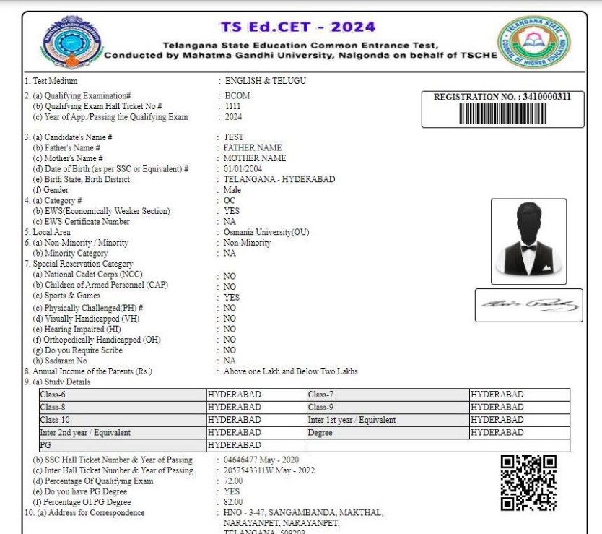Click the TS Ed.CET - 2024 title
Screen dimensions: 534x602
(297, 27)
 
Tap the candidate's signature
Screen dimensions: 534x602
(528, 305)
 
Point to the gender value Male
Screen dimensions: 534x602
(234, 190)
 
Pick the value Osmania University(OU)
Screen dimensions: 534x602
(266, 232)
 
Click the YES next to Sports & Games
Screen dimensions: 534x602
(232, 298)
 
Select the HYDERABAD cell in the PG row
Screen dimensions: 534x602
(235, 444)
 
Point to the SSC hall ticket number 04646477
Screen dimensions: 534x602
(245, 460)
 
